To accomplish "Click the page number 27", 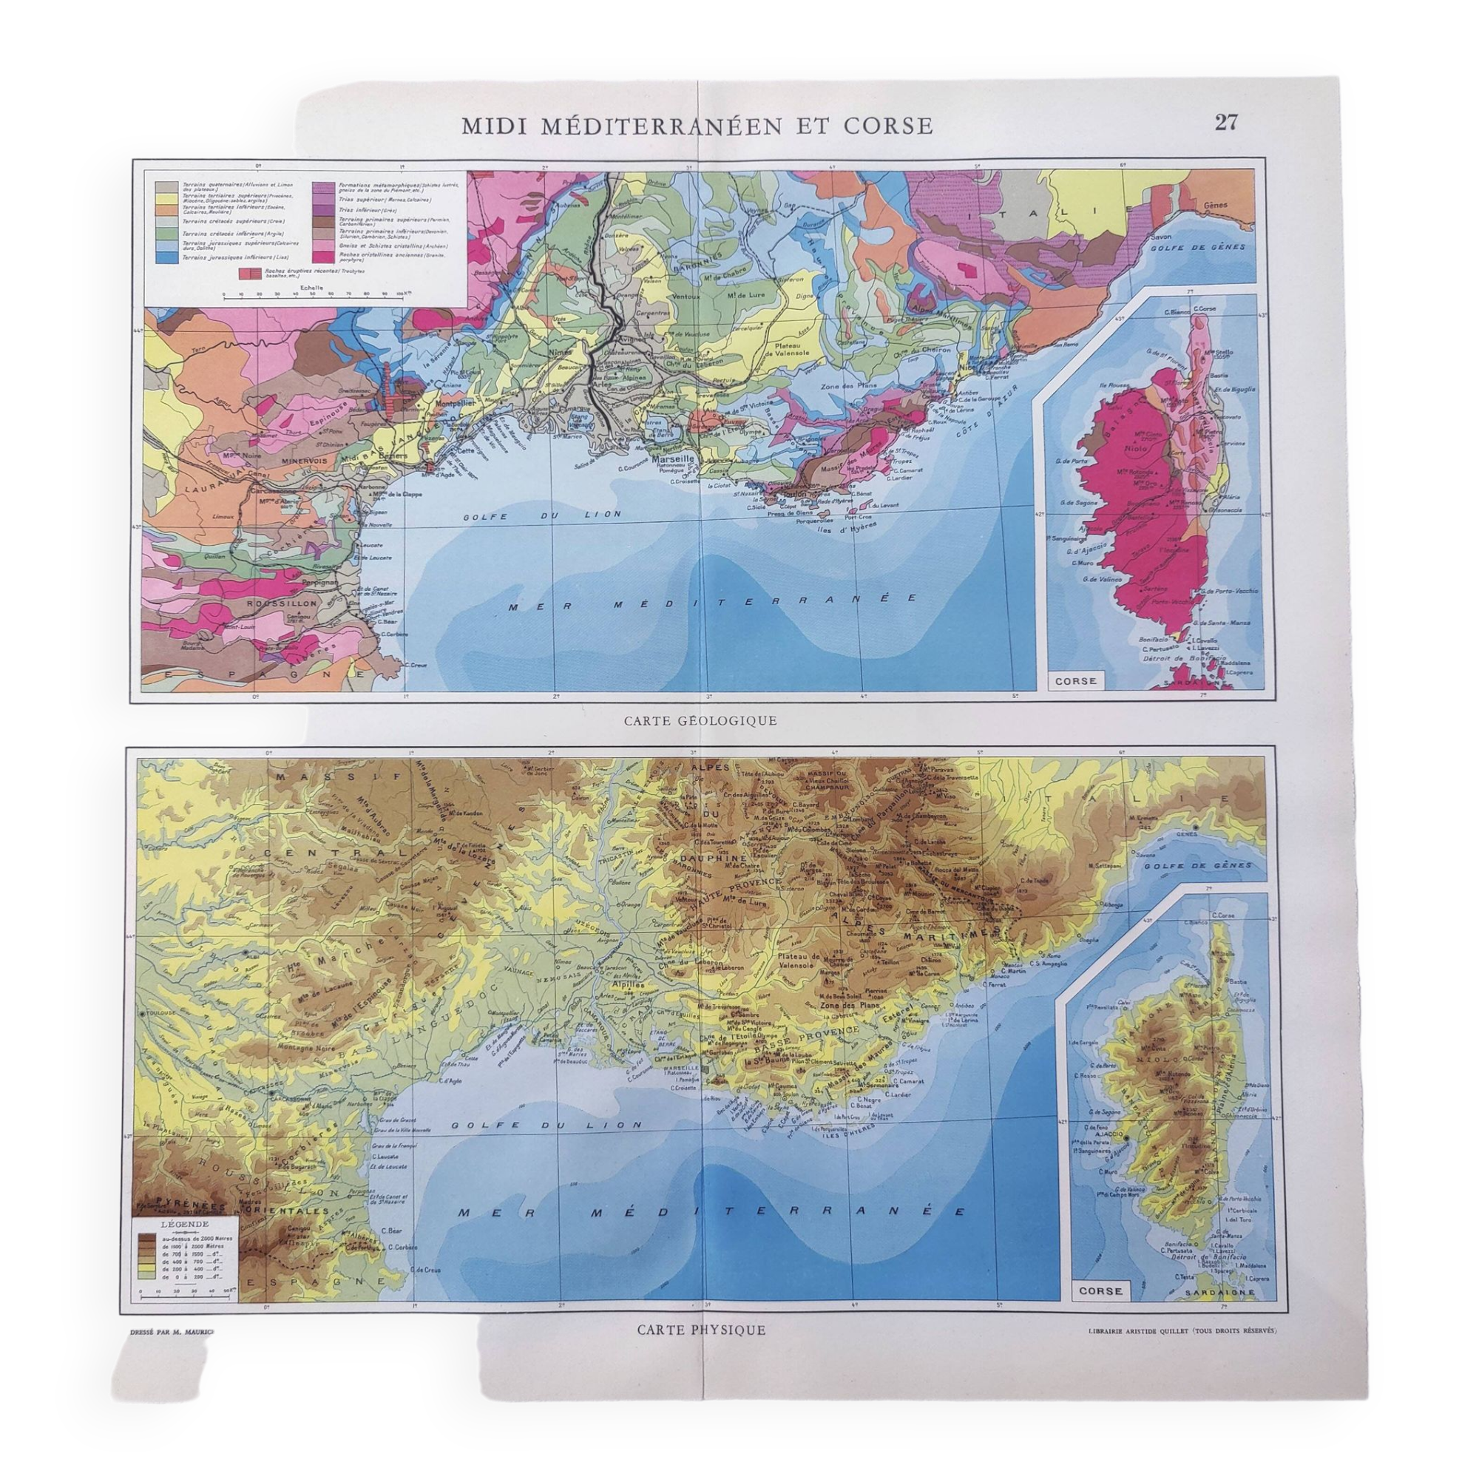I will [1225, 123].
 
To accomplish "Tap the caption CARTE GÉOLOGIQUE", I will [700, 720].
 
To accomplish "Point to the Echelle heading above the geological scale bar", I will [311, 288].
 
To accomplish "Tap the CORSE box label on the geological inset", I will [1075, 680].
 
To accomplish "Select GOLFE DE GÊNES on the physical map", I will [1212, 866].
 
